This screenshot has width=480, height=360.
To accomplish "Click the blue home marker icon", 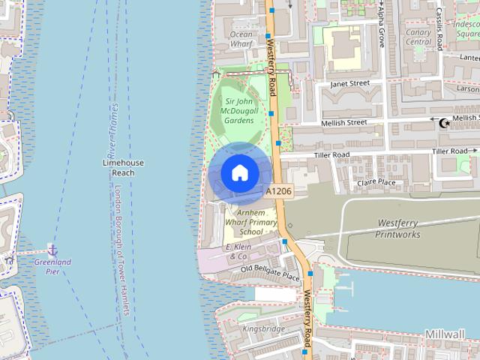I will [239, 173].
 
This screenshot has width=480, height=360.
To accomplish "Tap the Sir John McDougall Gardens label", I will [239, 110].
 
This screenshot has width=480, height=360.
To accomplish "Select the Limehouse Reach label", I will [123, 167].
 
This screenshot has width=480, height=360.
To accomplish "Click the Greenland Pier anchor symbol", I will [52, 248].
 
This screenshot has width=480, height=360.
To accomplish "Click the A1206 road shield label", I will [277, 192].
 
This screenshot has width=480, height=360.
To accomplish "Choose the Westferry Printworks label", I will [397, 228].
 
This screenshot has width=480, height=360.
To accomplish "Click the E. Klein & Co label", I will [238, 251].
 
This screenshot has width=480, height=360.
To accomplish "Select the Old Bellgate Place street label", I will [270, 271].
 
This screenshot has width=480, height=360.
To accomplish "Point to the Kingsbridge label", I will [264, 328].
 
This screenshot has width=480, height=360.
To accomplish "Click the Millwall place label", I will [445, 333].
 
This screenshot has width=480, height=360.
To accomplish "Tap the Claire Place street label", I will [376, 182].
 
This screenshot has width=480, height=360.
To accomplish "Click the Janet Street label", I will [350, 83].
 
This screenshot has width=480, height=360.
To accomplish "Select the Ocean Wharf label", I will [241, 39].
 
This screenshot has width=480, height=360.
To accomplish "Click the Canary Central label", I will [418, 37].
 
